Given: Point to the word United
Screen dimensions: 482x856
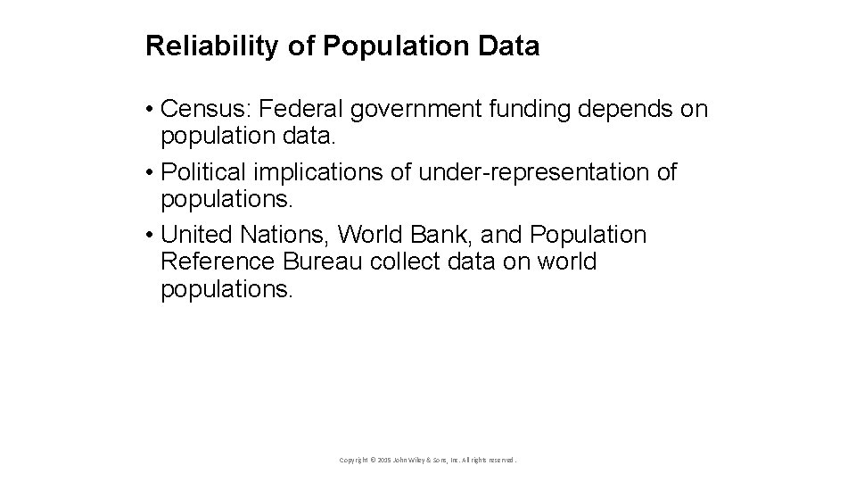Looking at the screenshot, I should (197, 235).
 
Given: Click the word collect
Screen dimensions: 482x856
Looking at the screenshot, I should (411, 262).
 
